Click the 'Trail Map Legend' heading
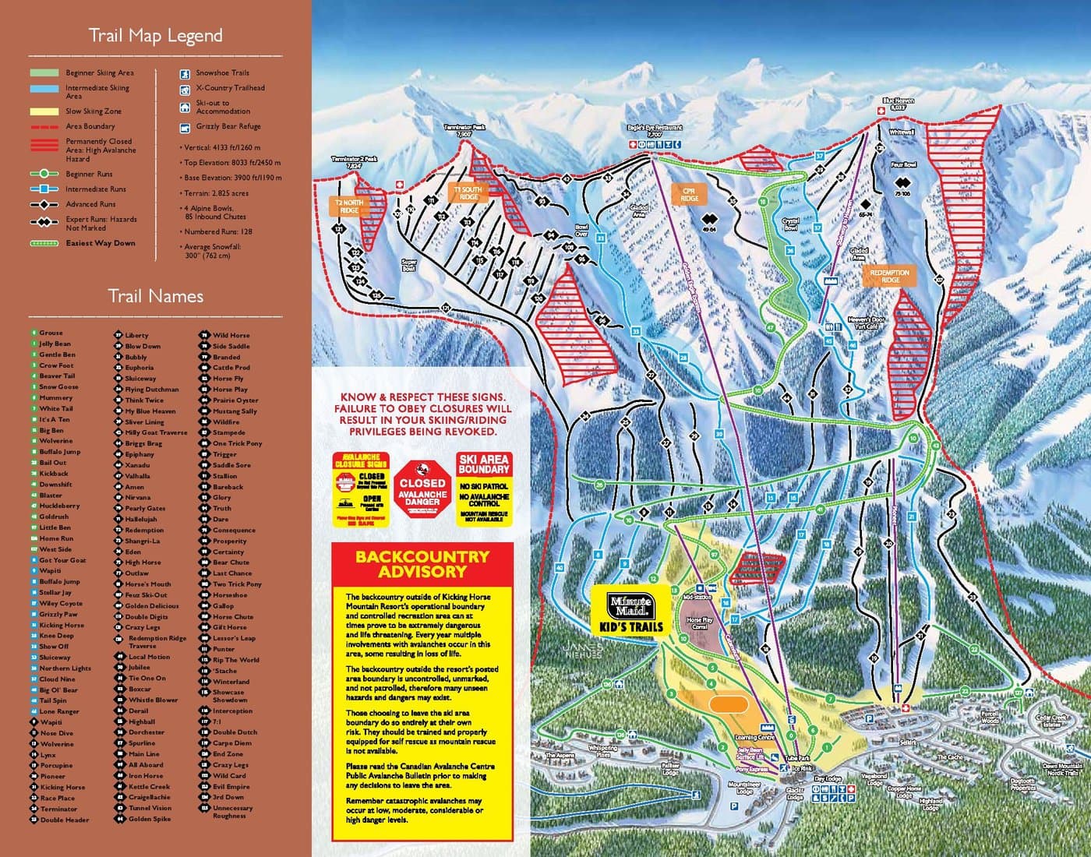(x=155, y=36)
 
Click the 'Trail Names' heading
(x=155, y=297)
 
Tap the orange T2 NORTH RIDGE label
(x=349, y=206)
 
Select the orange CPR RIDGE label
(x=689, y=194)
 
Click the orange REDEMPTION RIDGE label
(x=889, y=277)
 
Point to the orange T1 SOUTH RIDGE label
(x=468, y=192)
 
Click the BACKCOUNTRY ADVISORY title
(x=422, y=564)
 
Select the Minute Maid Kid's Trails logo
(x=630, y=612)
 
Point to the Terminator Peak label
(x=464, y=130)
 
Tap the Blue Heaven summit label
(x=898, y=104)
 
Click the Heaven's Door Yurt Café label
(x=867, y=323)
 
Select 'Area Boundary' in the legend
(x=90, y=126)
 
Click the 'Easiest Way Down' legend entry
(x=101, y=243)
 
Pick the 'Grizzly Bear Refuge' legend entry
(x=228, y=126)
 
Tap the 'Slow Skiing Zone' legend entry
(x=93, y=111)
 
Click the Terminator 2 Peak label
(x=354, y=162)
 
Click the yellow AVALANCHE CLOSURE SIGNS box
(x=361, y=488)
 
